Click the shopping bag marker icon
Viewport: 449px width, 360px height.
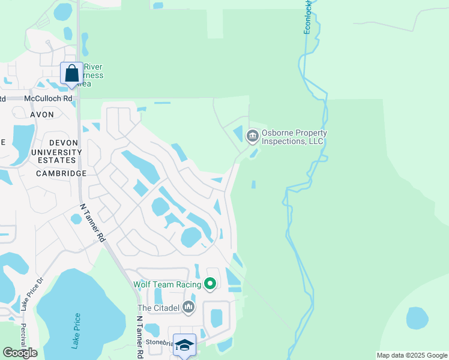[72, 74]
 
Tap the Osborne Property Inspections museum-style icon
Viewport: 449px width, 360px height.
[253, 137]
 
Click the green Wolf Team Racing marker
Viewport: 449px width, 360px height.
[210, 283]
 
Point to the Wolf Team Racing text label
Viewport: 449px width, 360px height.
[167, 283]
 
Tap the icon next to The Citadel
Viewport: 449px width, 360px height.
[189, 308]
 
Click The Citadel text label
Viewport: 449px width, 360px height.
[158, 308]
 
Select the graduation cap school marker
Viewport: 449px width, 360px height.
[185, 345]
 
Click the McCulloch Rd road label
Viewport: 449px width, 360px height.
[48, 98]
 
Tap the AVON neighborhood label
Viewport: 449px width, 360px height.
[42, 114]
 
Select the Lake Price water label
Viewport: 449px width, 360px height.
[76, 331]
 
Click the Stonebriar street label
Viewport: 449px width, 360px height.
[159, 342]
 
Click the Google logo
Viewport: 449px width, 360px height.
[20, 353]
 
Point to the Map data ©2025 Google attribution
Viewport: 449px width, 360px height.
[411, 355]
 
